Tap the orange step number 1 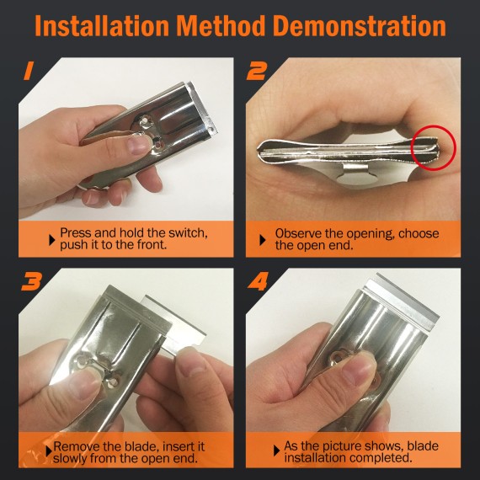(29, 72)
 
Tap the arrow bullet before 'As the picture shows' (276, 447)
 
